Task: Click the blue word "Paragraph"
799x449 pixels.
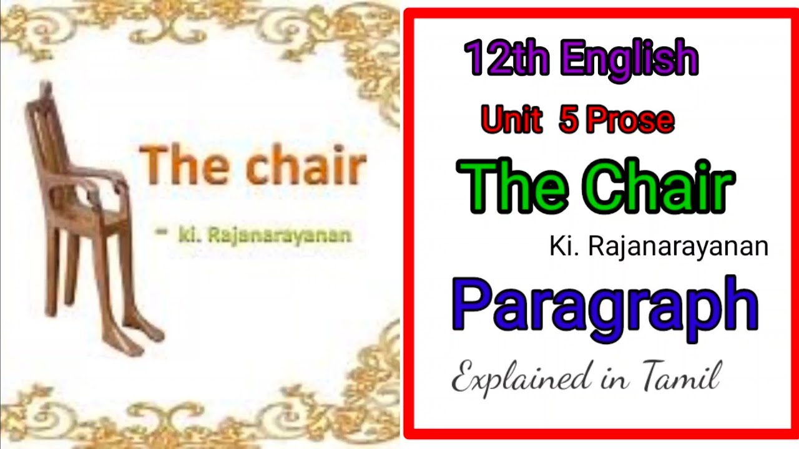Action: [605, 307]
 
